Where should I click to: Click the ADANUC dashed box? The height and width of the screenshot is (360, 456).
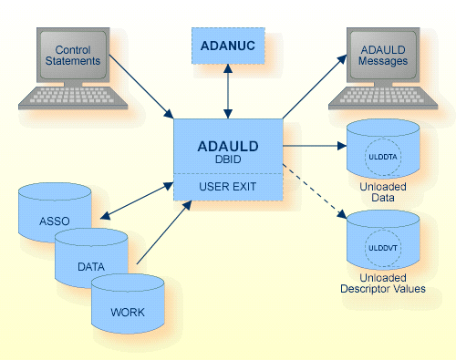pyautogui.click(x=227, y=44)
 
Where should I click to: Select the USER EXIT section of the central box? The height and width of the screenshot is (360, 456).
pyautogui.click(x=228, y=189)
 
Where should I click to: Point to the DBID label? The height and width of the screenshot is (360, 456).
pyautogui.click(x=228, y=159)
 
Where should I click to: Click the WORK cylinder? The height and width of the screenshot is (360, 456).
pyautogui.click(x=128, y=310)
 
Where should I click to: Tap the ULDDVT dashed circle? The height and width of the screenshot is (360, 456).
pyautogui.click(x=382, y=247)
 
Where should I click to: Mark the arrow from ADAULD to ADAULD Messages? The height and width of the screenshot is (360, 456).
pyautogui.click(x=314, y=87)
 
